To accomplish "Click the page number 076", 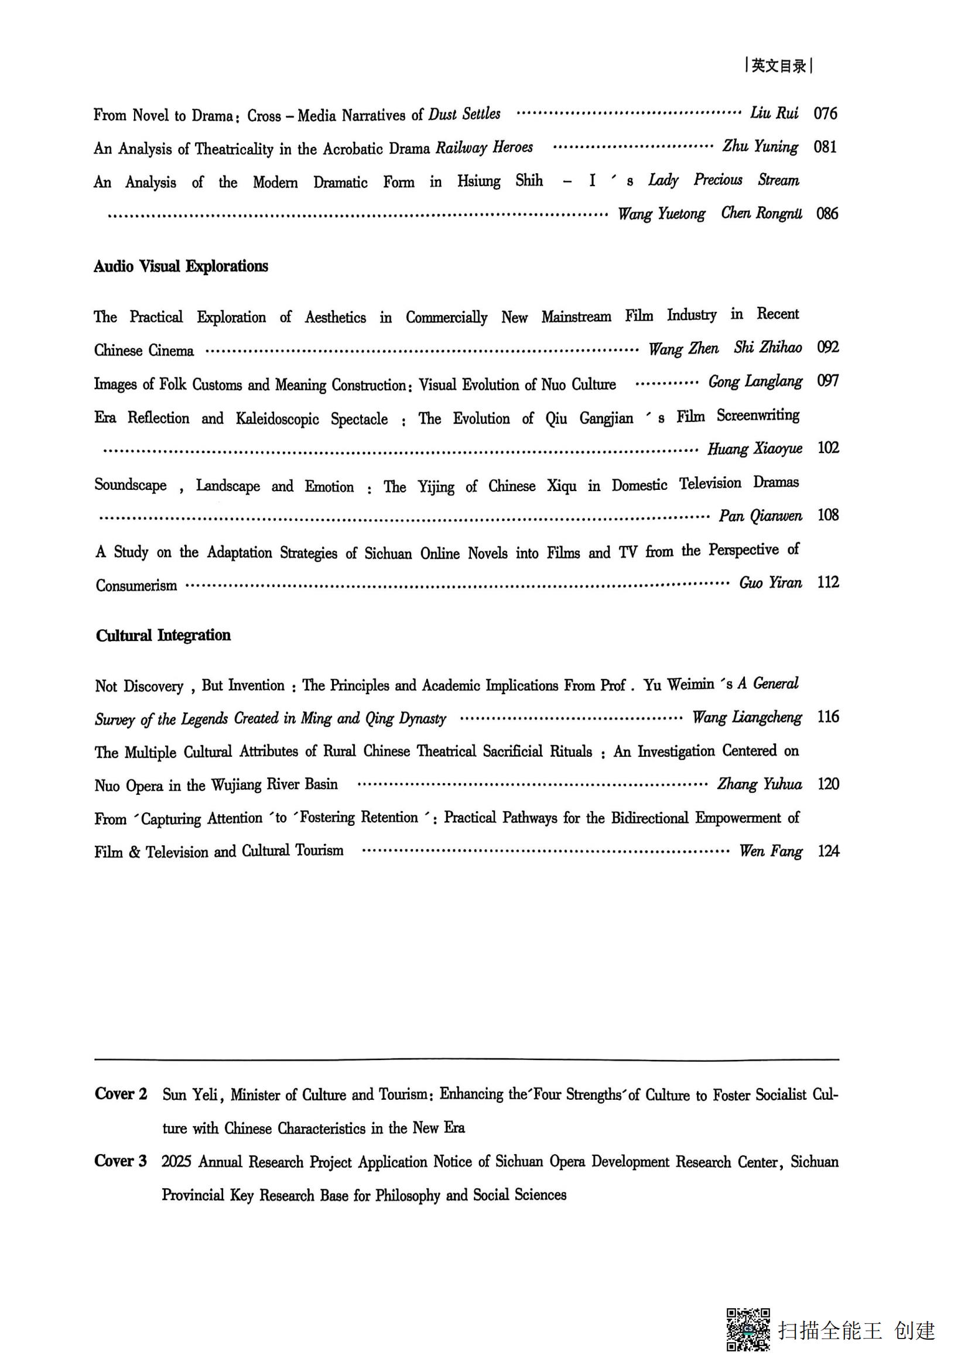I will pos(825,114).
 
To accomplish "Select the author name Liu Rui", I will pos(774,114).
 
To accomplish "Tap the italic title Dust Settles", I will pos(464,114).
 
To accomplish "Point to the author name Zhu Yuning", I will pos(760,147).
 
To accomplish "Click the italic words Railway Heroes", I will pos(484,147).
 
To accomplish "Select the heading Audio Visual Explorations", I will pos(181,266).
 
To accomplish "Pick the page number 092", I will pos(828,348).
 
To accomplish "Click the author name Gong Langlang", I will pos(754,382).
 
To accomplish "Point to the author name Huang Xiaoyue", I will pos(754,448).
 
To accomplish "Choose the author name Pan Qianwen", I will pos(760,516).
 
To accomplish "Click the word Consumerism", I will pos(136,585).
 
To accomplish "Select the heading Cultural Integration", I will pos(163,635).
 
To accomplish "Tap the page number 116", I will pos(828,717).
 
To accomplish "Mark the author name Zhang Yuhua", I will pos(760,784).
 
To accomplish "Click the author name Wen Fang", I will pos(770,851).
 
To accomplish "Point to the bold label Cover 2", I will pos(121,1093).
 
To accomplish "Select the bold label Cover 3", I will pos(121,1161).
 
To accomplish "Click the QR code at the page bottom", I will pos(747,1329).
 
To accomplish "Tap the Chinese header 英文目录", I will pos(779,66).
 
